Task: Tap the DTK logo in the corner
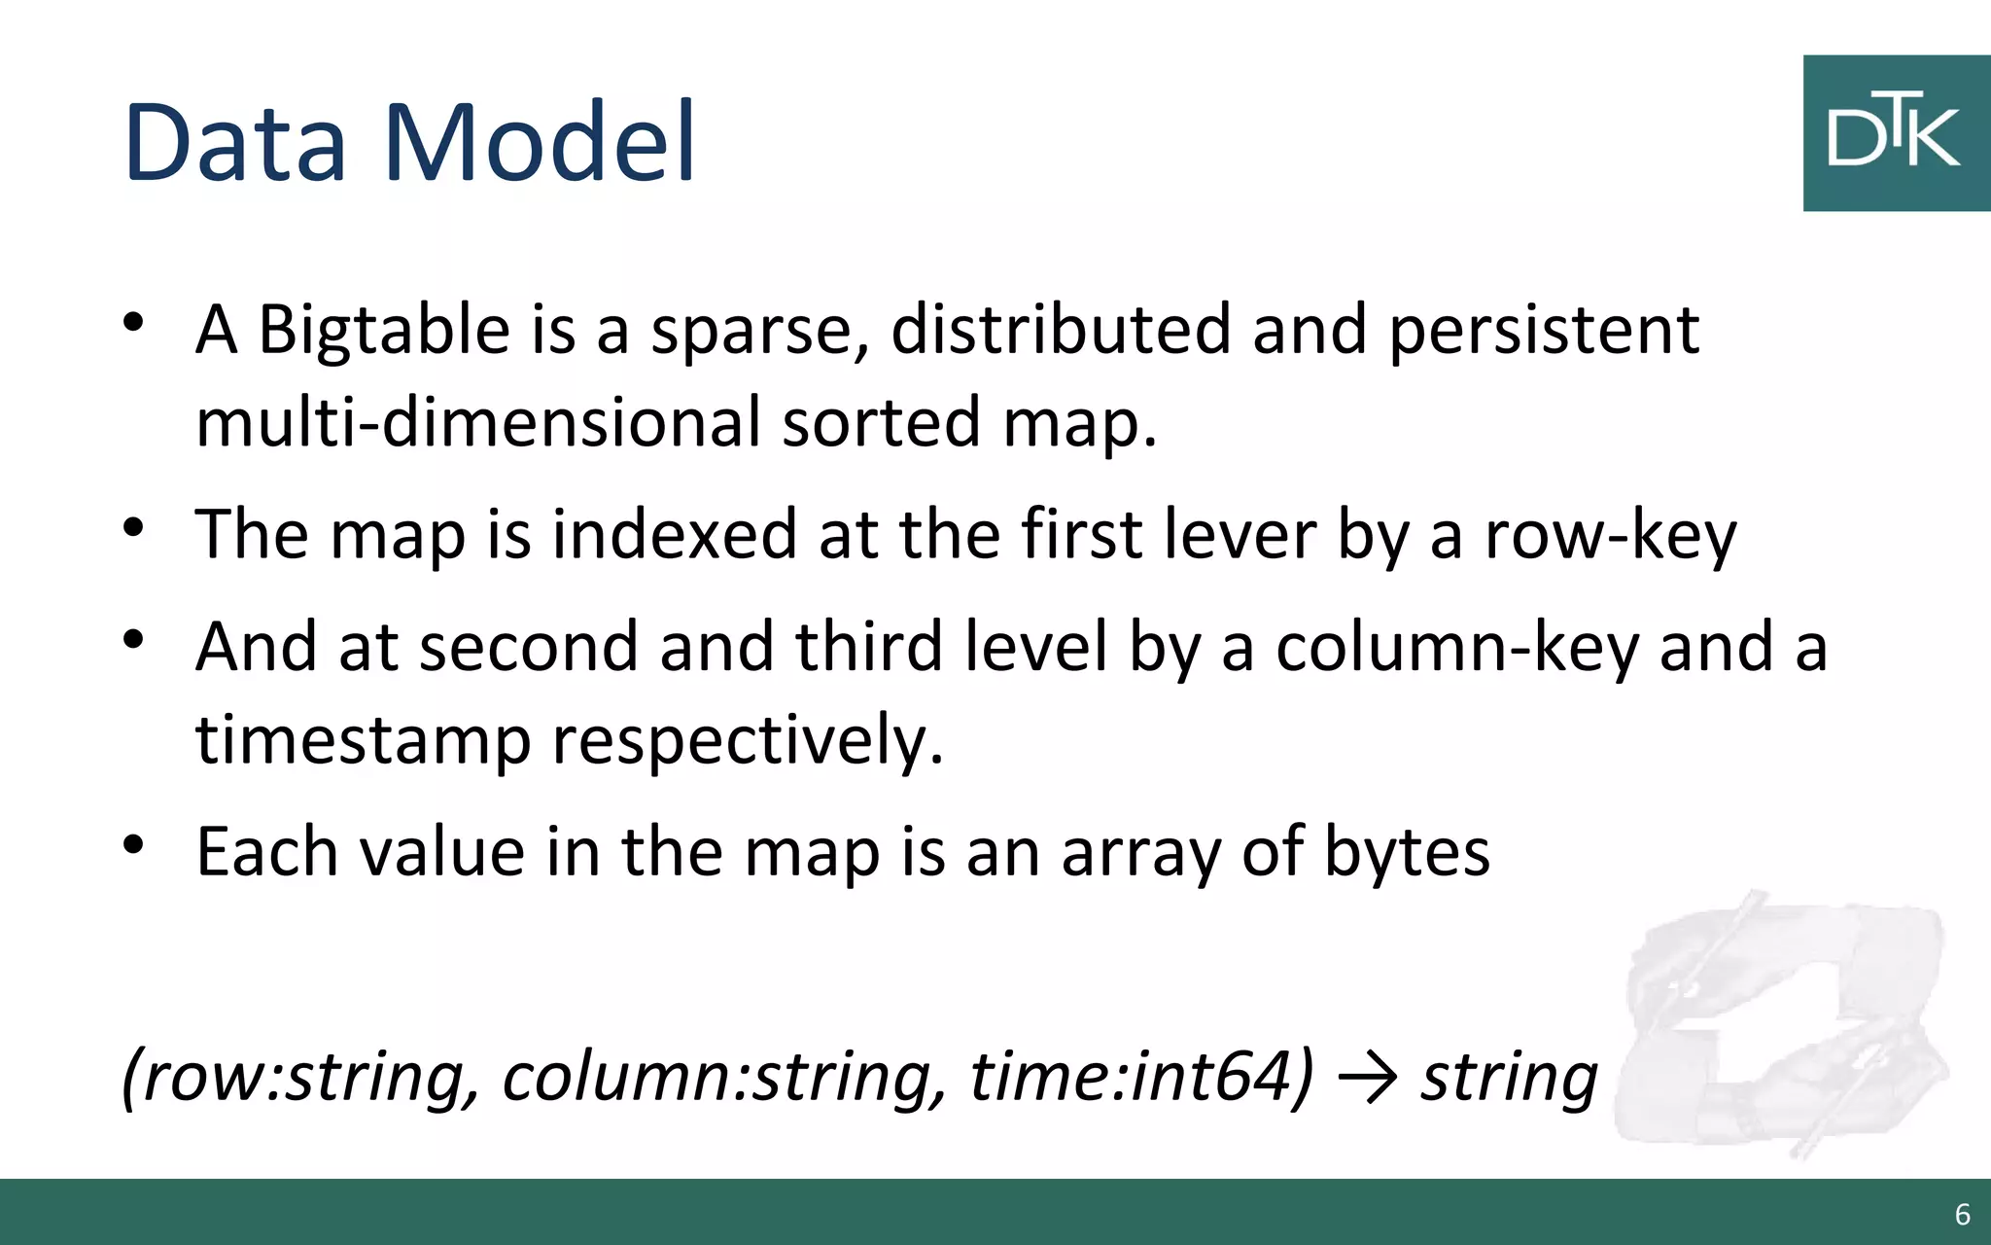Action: pos(1895,133)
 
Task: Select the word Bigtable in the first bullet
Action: pos(383,331)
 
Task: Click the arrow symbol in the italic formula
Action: pos(1368,1079)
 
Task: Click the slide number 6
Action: pos(1962,1214)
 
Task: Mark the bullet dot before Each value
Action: pos(134,844)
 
